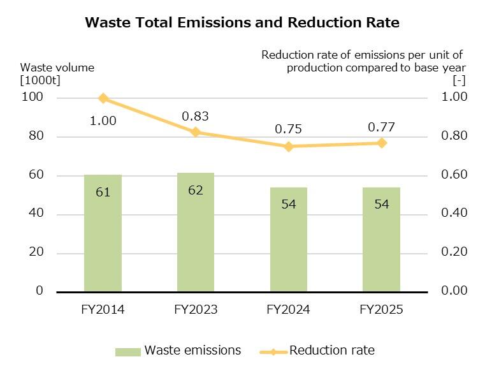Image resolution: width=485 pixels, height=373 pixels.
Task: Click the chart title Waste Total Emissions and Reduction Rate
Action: click(242, 23)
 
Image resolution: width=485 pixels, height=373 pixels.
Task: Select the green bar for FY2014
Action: click(103, 242)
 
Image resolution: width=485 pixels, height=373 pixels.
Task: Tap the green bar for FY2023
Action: click(196, 242)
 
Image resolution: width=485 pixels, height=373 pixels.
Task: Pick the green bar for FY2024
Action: click(288, 249)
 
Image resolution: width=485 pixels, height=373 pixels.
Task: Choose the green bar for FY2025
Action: click(381, 249)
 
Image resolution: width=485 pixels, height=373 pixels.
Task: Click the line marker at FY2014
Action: click(103, 98)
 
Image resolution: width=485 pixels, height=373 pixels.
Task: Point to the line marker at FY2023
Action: click(196, 132)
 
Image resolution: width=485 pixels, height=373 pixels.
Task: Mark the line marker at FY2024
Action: click(288, 147)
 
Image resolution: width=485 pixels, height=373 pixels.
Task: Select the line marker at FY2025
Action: click(381, 143)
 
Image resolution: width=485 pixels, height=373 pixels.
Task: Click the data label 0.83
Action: click(195, 117)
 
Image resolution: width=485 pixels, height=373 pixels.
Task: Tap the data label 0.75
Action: click(288, 129)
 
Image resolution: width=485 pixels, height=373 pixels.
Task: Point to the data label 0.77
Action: click(381, 128)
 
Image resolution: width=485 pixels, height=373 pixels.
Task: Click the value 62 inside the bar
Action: click(196, 190)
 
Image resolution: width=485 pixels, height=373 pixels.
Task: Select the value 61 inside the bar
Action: click(103, 191)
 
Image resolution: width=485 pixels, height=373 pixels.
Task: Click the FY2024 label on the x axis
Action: click(288, 310)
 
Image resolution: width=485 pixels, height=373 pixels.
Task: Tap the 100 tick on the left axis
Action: click(34, 97)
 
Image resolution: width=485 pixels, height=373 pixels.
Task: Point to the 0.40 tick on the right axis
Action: click(454, 213)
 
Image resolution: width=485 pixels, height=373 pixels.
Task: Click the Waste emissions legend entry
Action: click(178, 350)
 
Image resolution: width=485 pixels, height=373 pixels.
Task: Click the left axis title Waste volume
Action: click(57, 68)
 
